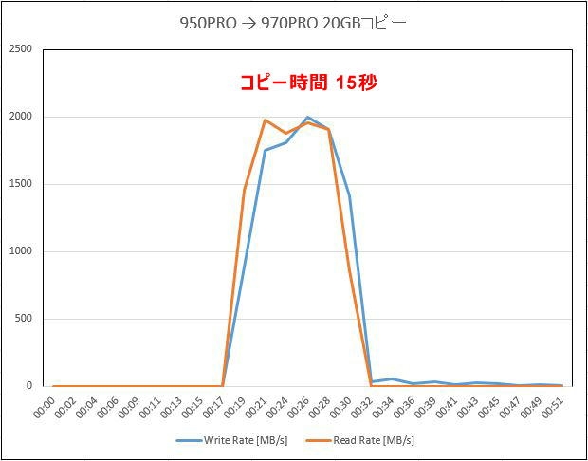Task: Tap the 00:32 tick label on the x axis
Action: point(365,406)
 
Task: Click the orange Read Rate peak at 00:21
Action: point(265,120)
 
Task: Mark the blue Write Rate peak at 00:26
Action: point(307,118)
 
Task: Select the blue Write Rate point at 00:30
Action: point(350,195)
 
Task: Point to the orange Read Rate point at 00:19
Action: point(244,191)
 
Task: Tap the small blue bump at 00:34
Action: point(392,379)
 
